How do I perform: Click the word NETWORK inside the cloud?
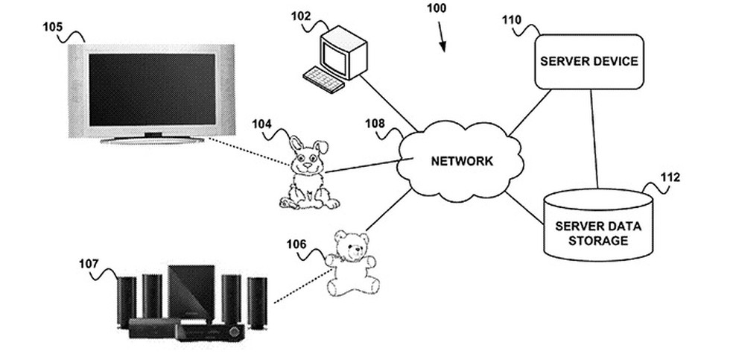pyautogui.click(x=462, y=160)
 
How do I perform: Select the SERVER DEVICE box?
pyautogui.click(x=588, y=61)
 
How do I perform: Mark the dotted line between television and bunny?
pyautogui.click(x=246, y=151)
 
